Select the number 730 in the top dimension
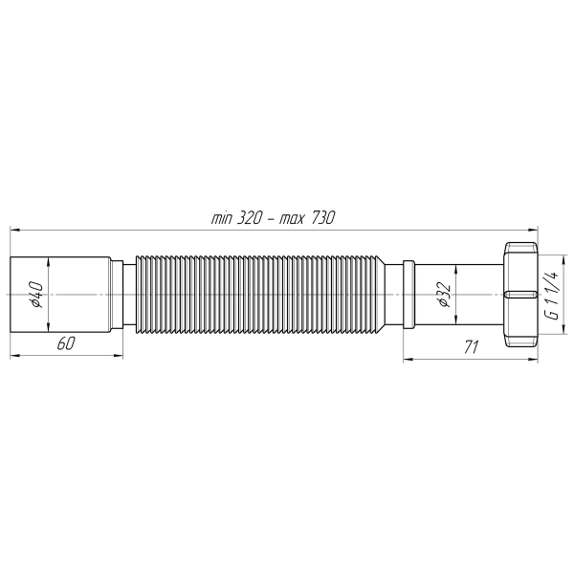(320, 218)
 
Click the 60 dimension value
(66, 344)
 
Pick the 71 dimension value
(471, 347)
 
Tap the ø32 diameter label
(442, 295)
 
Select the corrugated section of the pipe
(258, 293)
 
